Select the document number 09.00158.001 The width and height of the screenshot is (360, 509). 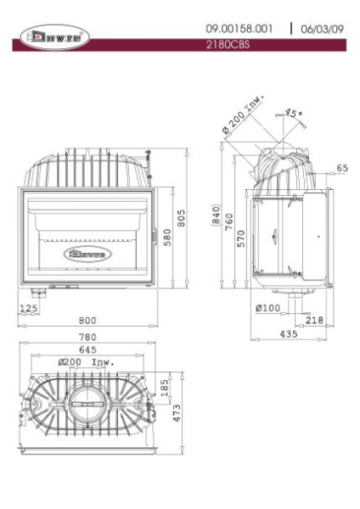pos(239,29)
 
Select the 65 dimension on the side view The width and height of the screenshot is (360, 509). pos(340,168)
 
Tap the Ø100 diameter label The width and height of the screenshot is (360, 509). pos(267,308)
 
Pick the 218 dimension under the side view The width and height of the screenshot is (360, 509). pos(313,320)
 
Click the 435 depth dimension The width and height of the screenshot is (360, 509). pos(289,335)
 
